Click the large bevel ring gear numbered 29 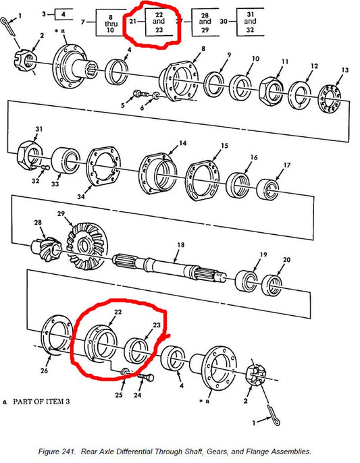[x=86, y=246]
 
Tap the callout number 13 [x=345, y=70]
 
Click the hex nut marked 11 [x=271, y=91]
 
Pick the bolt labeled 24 [x=146, y=377]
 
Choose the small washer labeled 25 [x=125, y=372]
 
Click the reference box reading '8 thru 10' [x=110, y=22]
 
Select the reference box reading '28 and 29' [x=205, y=22]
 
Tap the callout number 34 [x=81, y=196]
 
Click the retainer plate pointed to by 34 [x=103, y=167]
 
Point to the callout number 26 [x=44, y=371]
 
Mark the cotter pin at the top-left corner [x=7, y=27]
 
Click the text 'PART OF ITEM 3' [x=41, y=402]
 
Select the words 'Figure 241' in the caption [x=57, y=452]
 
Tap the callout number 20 [x=286, y=260]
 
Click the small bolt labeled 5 [x=141, y=94]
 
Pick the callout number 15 [x=224, y=146]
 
